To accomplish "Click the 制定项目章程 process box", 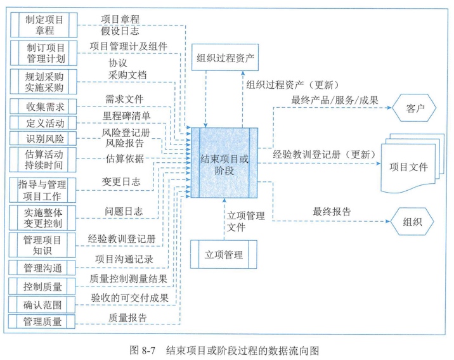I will tap(44, 25).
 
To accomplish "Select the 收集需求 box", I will tap(44, 105).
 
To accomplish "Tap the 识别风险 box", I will tap(44, 138).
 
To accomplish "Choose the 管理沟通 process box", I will tap(44, 267).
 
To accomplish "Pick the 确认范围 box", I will tap(44, 304).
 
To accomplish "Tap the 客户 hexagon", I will tap(413, 107).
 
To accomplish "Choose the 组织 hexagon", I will tap(413, 222).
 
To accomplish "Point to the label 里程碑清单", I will tap(126, 117).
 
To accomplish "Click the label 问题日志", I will tap(124, 210).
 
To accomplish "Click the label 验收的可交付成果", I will tap(130, 297).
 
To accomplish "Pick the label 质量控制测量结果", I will tap(130, 279).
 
